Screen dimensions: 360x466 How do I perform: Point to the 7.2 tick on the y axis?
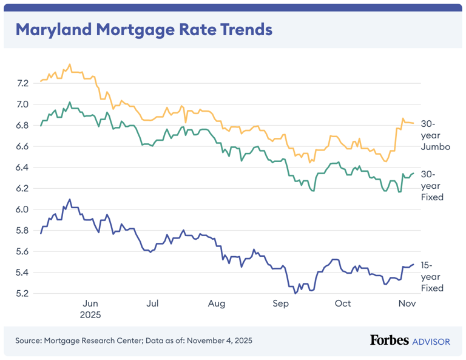click(x=22, y=83)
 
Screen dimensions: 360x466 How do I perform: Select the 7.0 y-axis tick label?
click(x=22, y=104)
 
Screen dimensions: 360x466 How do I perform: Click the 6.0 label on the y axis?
click(x=22, y=209)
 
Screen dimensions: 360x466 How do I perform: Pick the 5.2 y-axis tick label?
click(x=22, y=293)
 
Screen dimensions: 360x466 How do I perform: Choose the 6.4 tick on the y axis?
click(x=22, y=168)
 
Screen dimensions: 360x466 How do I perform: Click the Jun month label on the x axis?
click(x=90, y=304)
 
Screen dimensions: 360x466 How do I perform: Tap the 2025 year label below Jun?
click(x=90, y=315)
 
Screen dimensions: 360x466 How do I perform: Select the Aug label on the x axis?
click(x=216, y=304)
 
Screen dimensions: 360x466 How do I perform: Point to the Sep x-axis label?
click(x=280, y=304)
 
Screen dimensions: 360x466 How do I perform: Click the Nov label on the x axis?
click(x=405, y=304)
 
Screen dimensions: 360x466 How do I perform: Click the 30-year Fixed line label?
click(x=432, y=186)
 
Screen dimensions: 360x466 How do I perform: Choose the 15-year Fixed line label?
click(x=432, y=276)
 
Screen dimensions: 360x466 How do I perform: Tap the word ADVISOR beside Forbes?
click(x=431, y=341)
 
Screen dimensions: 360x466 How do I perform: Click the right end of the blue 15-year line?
click(x=414, y=264)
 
